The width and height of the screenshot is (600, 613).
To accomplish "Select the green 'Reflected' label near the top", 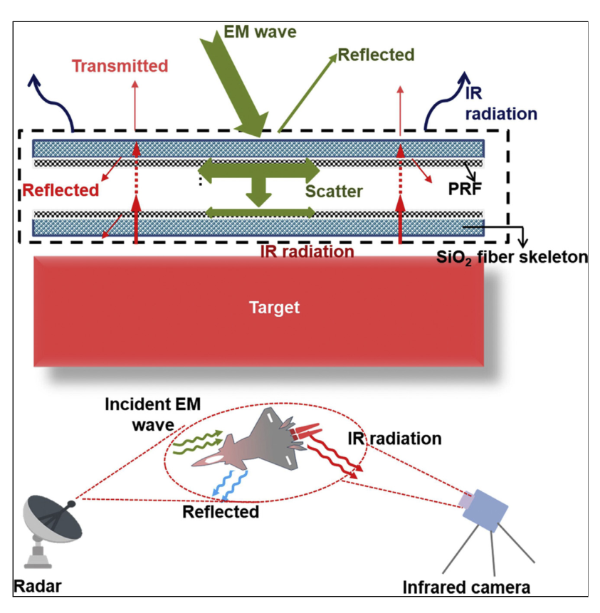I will point(376,55).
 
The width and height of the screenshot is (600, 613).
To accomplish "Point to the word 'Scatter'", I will point(334,191).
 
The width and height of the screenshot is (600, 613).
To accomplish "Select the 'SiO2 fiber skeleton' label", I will point(512,257).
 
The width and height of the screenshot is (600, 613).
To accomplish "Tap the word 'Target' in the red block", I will point(274,308).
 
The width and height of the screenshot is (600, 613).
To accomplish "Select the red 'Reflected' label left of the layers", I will point(60,191).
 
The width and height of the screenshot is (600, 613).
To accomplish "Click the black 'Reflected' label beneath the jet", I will point(221,511).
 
